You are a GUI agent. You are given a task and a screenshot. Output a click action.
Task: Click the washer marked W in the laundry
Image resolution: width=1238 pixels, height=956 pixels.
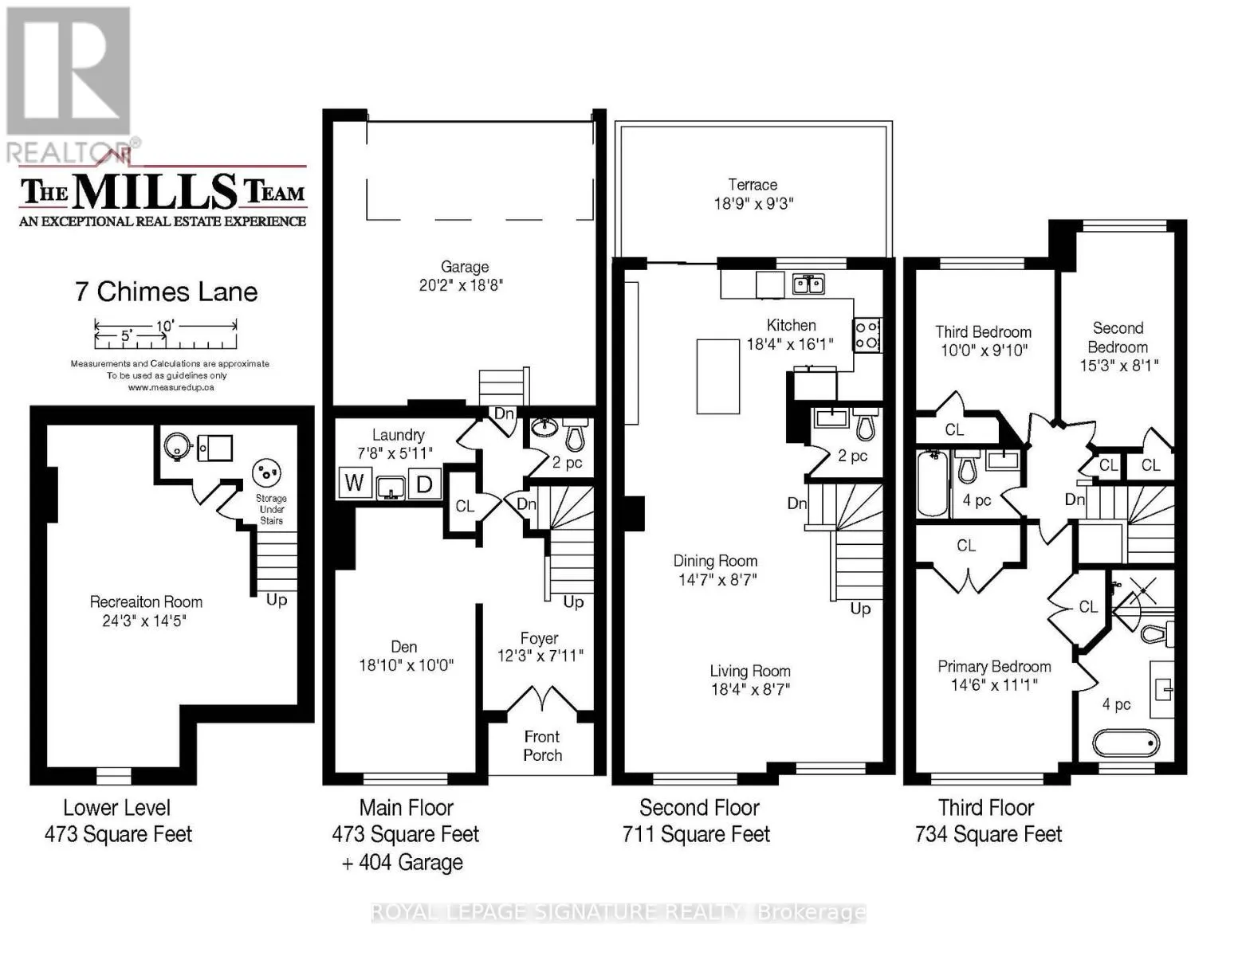(355, 483)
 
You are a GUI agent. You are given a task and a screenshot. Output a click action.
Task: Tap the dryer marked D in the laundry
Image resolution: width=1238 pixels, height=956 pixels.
(424, 484)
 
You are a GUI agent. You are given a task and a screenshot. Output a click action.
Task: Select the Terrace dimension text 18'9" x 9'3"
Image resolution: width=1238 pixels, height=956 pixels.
(753, 204)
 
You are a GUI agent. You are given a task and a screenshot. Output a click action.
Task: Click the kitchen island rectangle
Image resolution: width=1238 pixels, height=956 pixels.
(717, 376)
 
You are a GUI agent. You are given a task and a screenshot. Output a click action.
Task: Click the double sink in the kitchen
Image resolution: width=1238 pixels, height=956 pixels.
(808, 284)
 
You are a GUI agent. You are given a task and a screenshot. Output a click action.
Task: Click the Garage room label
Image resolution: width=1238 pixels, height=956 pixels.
(464, 266)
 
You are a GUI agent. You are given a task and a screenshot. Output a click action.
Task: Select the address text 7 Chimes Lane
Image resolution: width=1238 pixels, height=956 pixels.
(167, 292)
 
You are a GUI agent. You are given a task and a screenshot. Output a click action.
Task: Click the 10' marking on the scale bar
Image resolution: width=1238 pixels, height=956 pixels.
(165, 326)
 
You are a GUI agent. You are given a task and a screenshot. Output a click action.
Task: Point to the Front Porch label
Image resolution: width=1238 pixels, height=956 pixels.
(542, 746)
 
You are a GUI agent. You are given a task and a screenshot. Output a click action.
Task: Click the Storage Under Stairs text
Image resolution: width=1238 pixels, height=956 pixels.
(271, 509)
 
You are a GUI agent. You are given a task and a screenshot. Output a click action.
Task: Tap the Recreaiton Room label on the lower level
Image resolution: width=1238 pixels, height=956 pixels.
(146, 601)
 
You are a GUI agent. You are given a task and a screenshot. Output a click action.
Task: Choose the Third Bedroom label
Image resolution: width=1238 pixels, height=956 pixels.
(984, 332)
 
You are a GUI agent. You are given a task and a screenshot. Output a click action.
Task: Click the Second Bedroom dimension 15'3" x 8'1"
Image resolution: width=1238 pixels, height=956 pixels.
(1119, 365)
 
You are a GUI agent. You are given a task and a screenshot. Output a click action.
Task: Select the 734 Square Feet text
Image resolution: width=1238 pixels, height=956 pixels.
(988, 834)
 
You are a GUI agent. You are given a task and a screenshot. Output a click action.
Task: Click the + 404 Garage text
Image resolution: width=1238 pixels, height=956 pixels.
(403, 862)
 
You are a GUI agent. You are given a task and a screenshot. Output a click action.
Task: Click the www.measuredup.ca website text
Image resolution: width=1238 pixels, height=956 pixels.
(171, 388)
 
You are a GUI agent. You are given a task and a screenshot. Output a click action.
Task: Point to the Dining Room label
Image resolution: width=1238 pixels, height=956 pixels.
(715, 561)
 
